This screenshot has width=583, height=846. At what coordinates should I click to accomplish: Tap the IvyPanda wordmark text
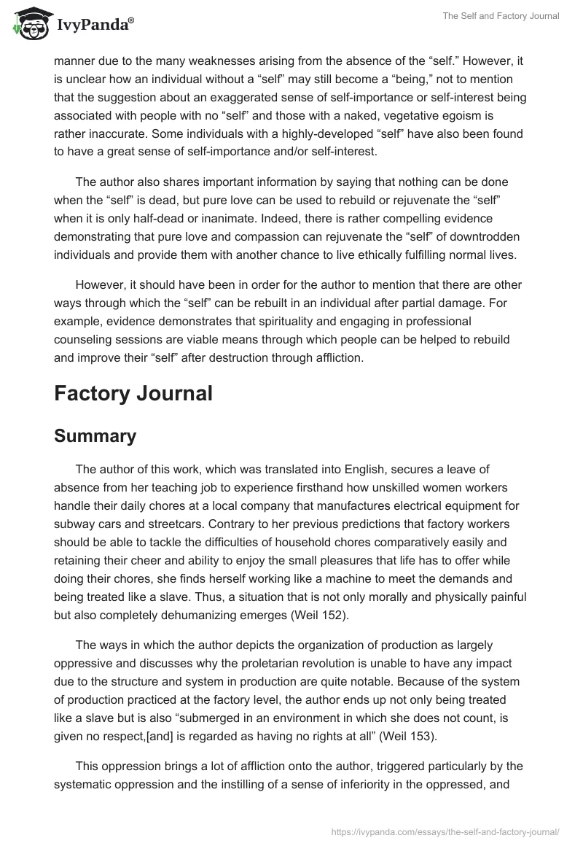pyautogui.click(x=94, y=24)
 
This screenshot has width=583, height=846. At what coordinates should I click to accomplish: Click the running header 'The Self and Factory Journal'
pyautogui.click(x=501, y=16)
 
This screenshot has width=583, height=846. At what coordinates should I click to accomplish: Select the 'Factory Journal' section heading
pyautogui.click(x=133, y=393)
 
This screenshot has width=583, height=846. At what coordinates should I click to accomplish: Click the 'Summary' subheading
pyautogui.click(x=95, y=435)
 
